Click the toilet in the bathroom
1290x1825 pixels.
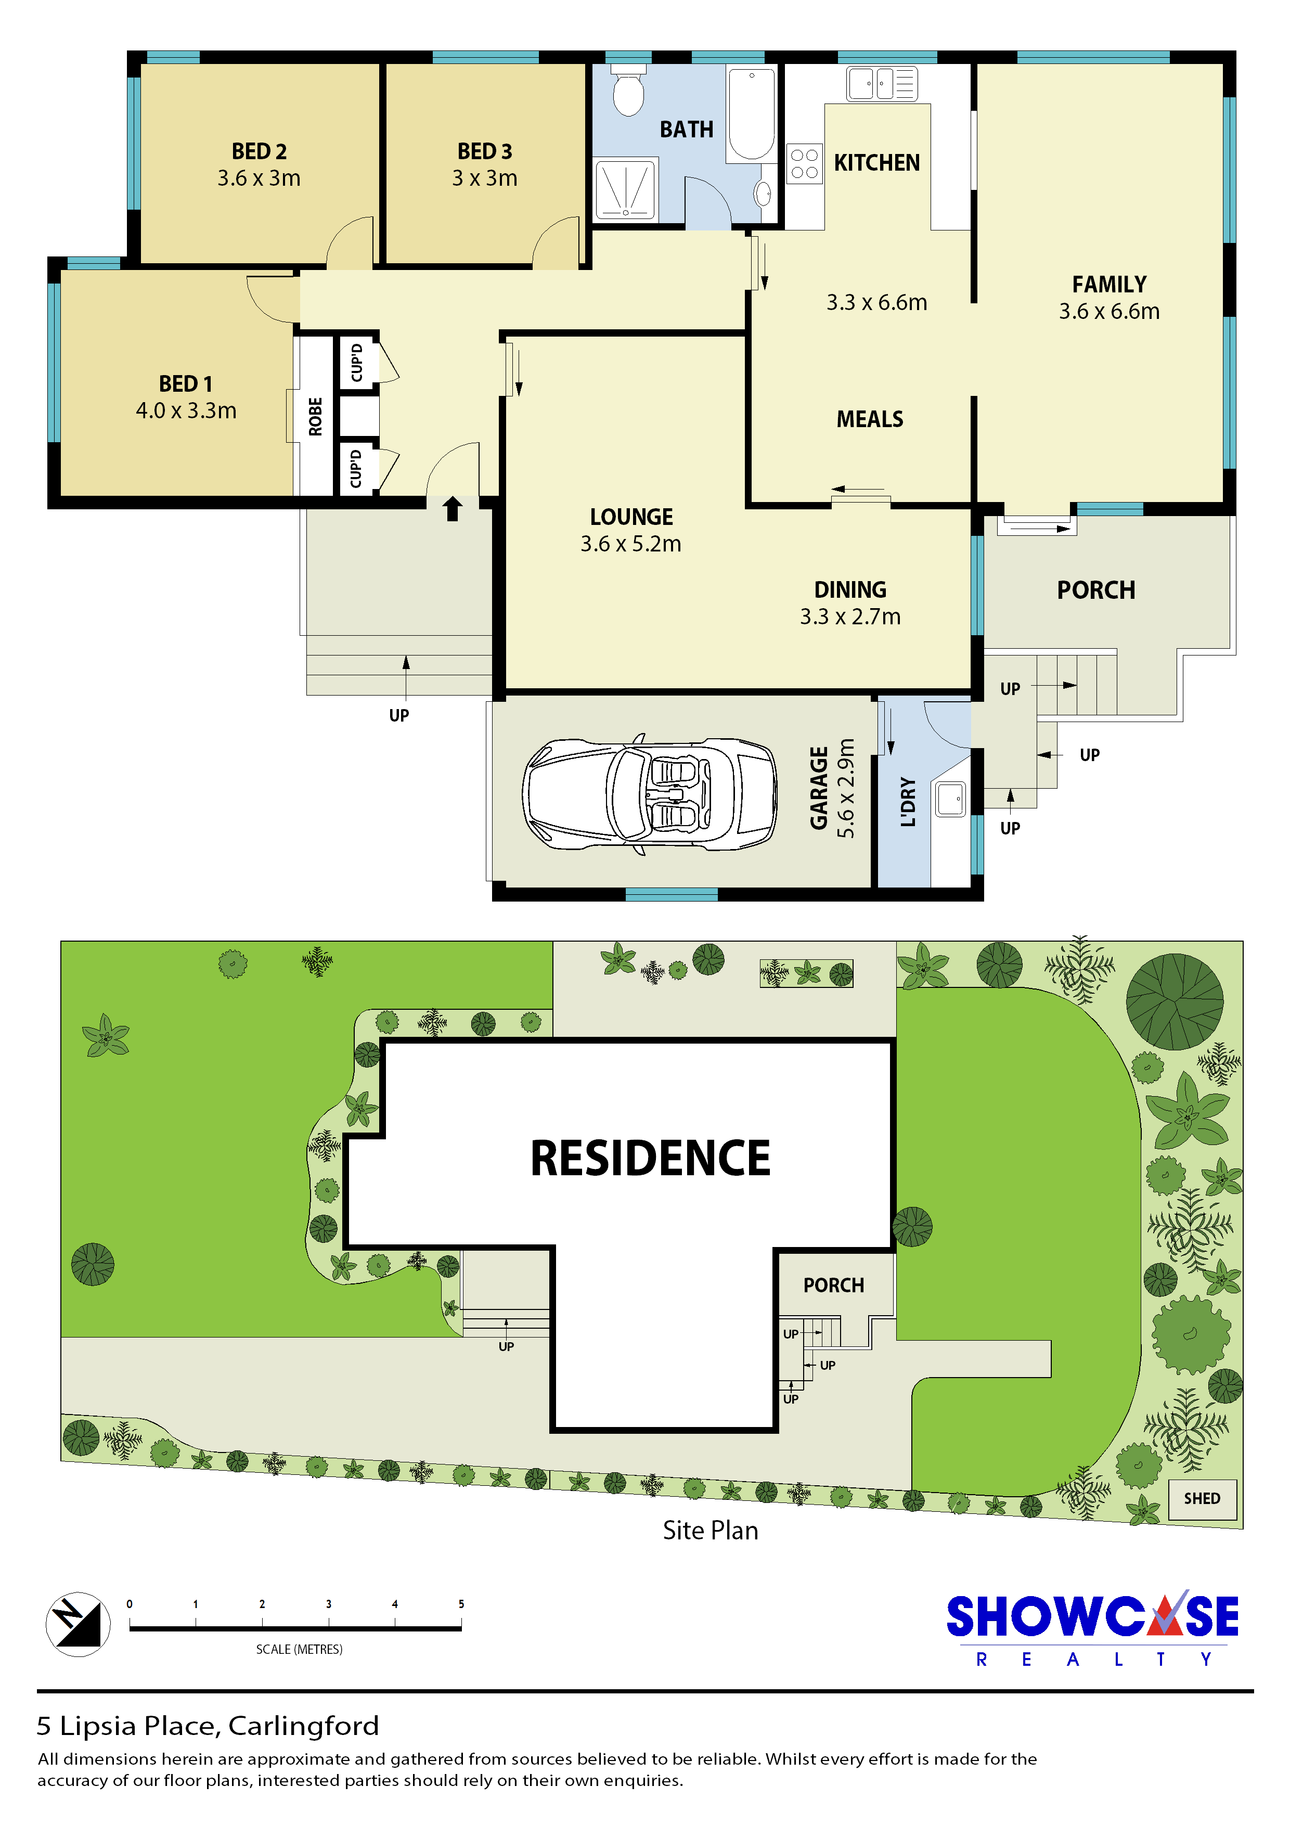[x=629, y=92]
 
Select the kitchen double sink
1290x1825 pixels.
[x=882, y=83]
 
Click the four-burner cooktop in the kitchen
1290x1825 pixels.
[x=804, y=164]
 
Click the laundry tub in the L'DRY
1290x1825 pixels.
[x=951, y=799]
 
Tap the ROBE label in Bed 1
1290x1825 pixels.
[x=316, y=417]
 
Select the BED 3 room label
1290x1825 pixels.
[x=485, y=151]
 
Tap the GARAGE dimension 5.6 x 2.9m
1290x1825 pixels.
[x=846, y=788]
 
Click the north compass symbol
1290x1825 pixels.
[x=78, y=1624]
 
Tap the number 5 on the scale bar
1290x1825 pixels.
[x=461, y=1604]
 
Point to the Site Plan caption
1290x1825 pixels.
[x=711, y=1530]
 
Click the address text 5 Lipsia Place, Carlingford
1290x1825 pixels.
[x=208, y=1726]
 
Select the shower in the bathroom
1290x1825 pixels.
[x=626, y=189]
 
